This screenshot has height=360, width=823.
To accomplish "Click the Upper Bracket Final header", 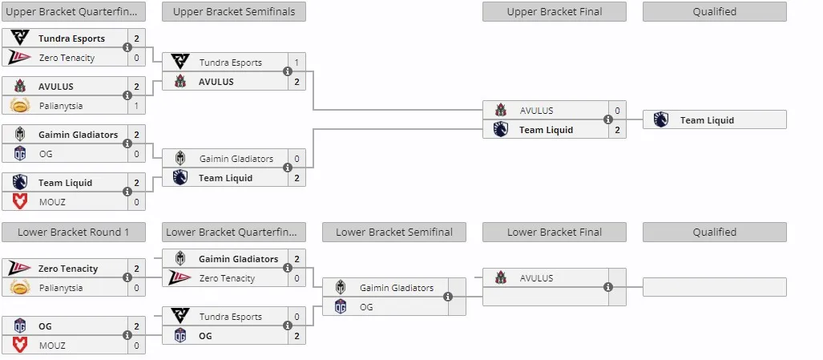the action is tap(555, 11).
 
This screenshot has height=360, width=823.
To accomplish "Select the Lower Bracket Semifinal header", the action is tap(394, 232).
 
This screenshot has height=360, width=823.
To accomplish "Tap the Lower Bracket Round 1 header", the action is tap(74, 232).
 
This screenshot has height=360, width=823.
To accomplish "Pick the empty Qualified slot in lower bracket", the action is tap(714, 287).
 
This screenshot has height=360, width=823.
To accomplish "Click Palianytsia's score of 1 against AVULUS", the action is tap(136, 106).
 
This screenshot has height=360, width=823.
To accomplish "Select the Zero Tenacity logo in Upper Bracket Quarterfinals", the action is tap(20, 57).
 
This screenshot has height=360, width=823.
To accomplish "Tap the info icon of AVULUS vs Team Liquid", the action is tap(608, 119).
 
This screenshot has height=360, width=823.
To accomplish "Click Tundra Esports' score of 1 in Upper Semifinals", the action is tap(297, 63).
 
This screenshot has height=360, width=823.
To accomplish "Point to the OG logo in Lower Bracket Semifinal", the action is tap(341, 306).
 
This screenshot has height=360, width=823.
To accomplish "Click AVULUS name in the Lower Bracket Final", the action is tap(536, 278).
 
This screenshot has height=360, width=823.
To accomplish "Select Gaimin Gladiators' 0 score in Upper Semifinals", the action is tap(297, 159).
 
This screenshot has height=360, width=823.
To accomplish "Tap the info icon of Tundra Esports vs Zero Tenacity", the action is tap(127, 47).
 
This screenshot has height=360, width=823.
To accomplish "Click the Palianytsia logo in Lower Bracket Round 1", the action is tap(20, 288).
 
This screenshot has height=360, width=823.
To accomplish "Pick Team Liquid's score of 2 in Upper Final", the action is tap(617, 130).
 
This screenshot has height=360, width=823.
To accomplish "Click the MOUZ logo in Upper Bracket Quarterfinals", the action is tap(20, 201).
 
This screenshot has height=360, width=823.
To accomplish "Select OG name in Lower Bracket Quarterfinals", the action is tap(205, 336).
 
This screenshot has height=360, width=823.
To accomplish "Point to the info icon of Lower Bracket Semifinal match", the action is tap(448, 297).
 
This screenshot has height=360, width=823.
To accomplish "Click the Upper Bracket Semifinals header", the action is tap(234, 11).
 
